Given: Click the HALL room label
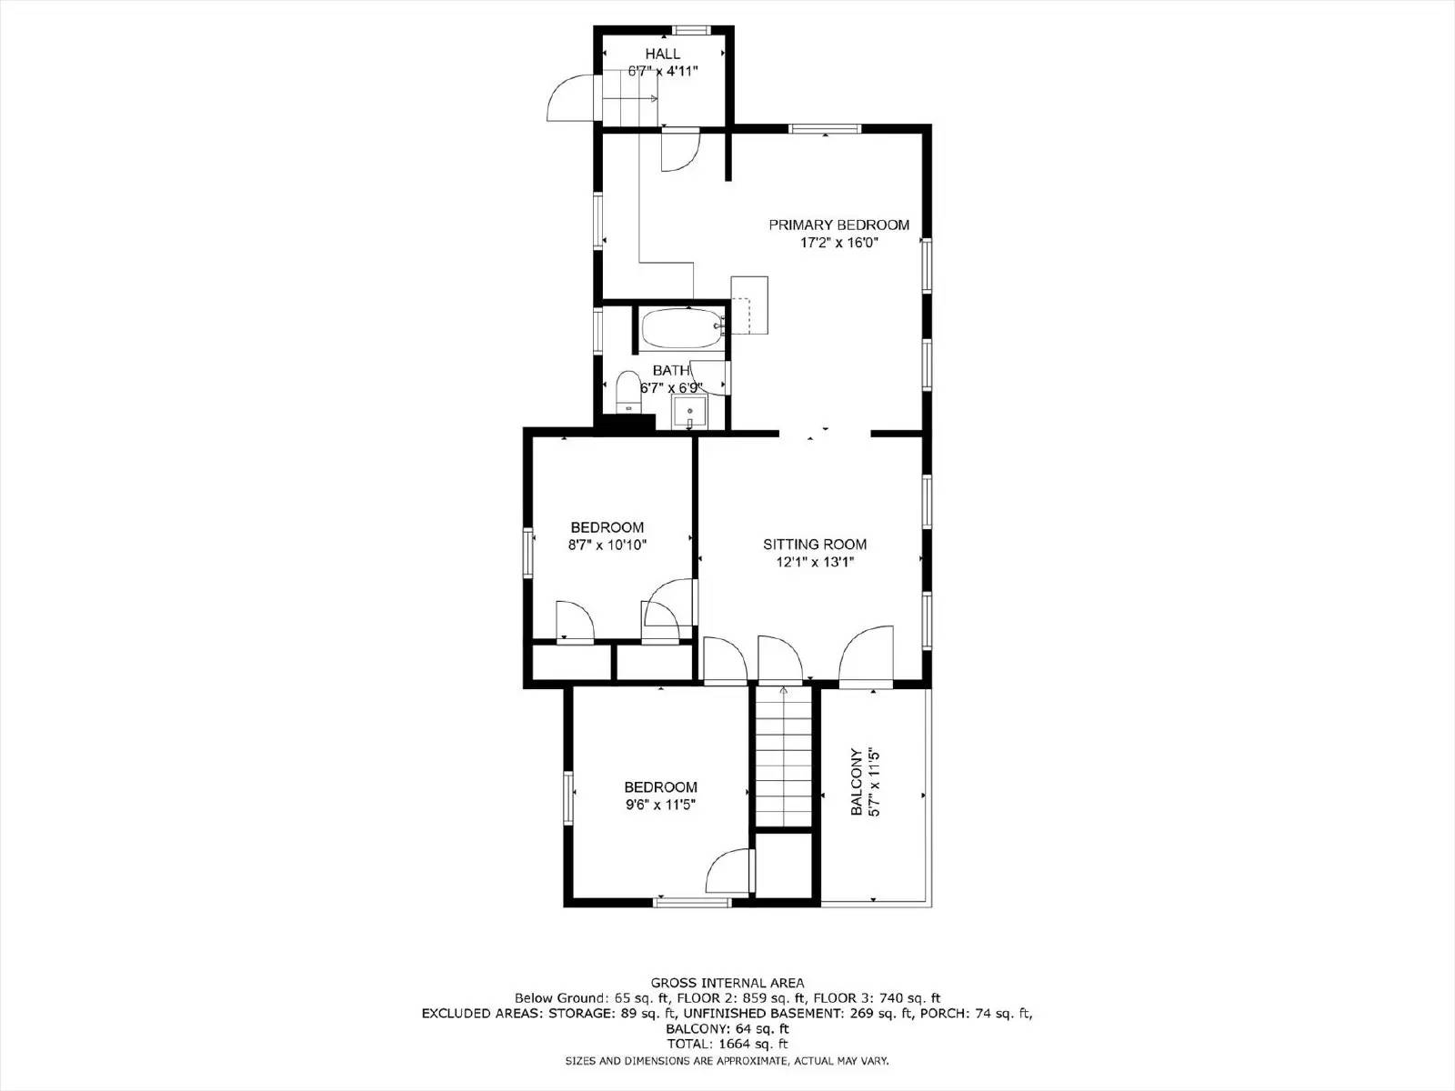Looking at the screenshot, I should [663, 54].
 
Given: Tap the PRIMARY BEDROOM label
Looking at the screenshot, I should [838, 225].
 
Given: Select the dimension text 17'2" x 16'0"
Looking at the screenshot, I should [838, 243].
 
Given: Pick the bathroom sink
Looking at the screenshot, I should [689, 414].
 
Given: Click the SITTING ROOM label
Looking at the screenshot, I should [814, 545].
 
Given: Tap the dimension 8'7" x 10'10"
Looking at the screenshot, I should [607, 545].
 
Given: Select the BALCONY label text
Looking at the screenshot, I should [856, 782].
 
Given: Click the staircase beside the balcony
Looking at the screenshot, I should [783, 759].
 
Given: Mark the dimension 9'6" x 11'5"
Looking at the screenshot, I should [660, 805].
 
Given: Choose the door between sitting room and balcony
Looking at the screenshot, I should [867, 653].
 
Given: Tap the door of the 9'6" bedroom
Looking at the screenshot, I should [730, 872].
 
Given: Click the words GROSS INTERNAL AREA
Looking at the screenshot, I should [727, 983].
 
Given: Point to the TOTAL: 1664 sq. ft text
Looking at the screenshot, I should [727, 1044].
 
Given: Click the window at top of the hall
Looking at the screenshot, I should [698, 29].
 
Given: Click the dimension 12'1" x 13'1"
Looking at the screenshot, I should [814, 562].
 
